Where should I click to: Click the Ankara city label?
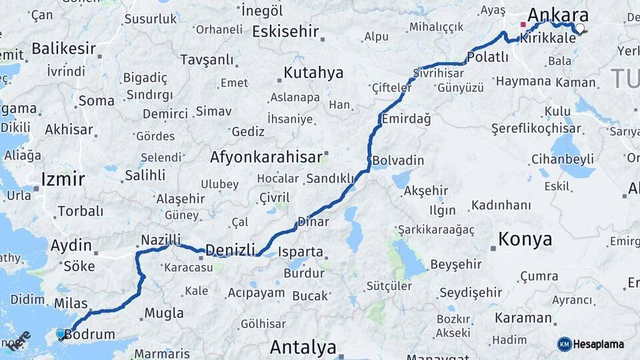558,15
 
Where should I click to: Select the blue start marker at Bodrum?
61,333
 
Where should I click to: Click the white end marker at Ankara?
580,29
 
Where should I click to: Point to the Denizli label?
230,250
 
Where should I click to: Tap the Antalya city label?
303,347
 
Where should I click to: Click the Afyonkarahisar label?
266,157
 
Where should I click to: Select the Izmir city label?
63,179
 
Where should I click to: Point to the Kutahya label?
313,73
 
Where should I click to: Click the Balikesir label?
63,48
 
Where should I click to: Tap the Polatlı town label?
487,58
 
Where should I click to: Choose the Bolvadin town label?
398,161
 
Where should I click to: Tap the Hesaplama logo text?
598,344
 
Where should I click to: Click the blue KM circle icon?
564,344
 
